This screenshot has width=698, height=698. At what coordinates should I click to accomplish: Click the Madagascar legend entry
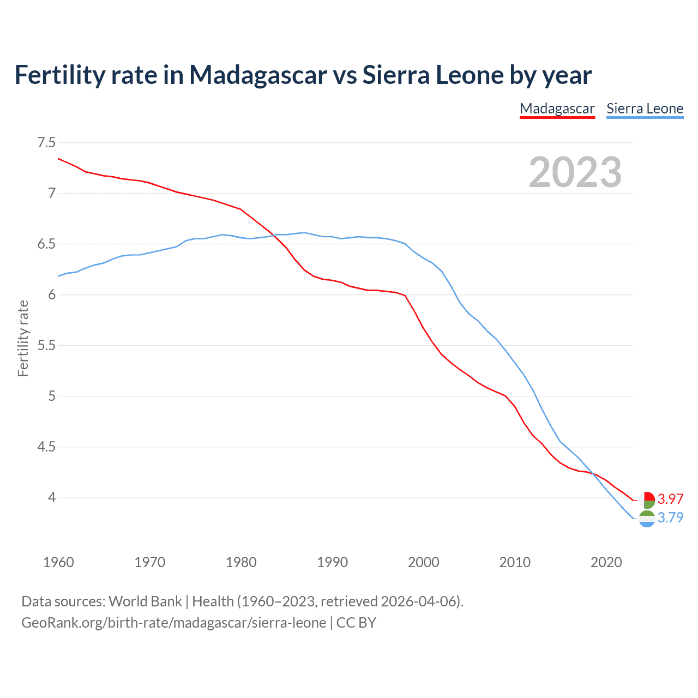[557, 109]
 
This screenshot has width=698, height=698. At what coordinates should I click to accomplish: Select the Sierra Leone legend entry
[645, 109]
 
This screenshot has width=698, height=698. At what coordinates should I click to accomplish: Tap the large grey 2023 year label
[575, 172]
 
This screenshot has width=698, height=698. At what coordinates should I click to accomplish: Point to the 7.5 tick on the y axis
[46, 143]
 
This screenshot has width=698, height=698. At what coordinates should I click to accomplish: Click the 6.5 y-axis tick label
[46, 244]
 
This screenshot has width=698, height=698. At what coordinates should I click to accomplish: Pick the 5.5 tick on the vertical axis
[46, 346]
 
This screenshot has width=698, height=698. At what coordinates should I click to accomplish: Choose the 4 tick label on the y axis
[52, 498]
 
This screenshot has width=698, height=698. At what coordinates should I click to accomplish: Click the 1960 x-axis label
[58, 562]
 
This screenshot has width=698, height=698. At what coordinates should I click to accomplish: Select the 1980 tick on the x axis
[241, 562]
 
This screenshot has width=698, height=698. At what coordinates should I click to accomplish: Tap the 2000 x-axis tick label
[424, 562]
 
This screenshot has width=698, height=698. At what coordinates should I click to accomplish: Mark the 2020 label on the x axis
[606, 562]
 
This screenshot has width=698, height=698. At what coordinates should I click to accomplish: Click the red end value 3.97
[670, 499]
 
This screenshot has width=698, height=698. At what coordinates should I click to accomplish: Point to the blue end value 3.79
[670, 518]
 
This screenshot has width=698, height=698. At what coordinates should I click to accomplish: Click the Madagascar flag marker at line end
[647, 500]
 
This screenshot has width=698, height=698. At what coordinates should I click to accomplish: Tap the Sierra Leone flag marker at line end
[647, 519]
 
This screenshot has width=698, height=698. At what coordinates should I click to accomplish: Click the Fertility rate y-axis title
[23, 338]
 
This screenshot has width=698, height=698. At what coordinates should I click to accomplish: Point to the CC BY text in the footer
[356, 623]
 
